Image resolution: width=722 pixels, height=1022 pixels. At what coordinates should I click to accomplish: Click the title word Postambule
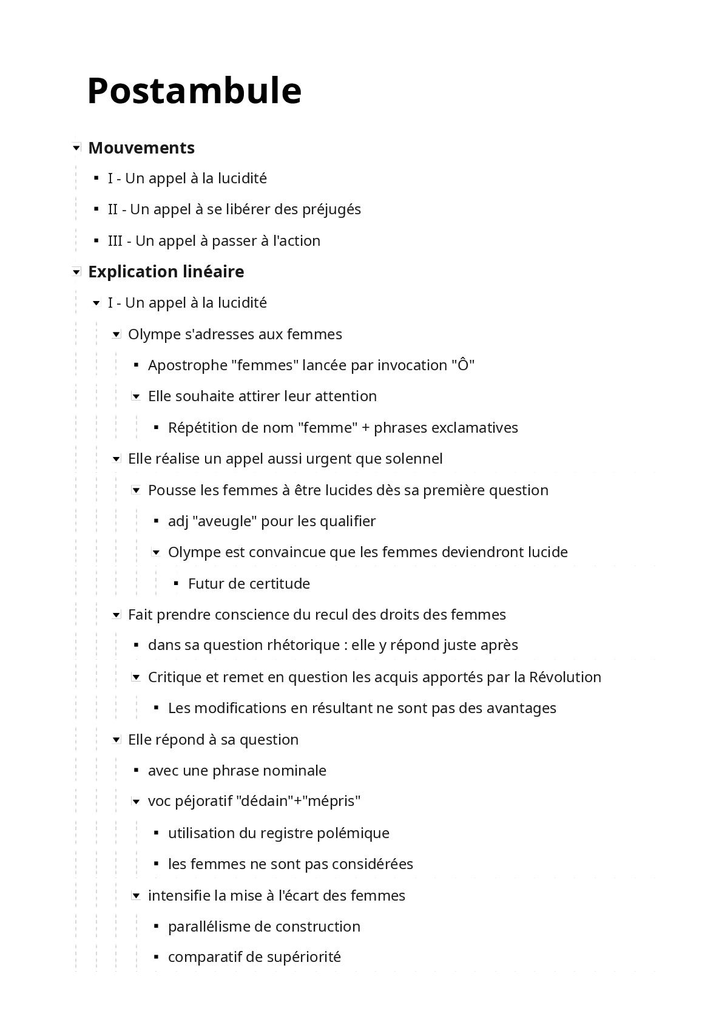tap(194, 91)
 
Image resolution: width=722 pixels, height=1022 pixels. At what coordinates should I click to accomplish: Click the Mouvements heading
tap(141, 147)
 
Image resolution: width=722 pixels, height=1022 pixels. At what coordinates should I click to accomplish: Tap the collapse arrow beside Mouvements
tap(76, 147)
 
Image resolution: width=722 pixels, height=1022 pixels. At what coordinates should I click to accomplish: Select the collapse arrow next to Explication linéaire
tap(76, 272)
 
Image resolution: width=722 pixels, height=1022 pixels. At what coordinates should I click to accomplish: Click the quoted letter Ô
tap(463, 365)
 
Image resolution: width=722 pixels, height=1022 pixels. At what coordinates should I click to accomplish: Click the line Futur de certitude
tap(249, 584)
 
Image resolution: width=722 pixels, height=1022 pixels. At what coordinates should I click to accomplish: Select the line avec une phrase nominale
tap(237, 771)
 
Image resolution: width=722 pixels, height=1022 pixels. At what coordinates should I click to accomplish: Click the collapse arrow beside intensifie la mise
tap(137, 896)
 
